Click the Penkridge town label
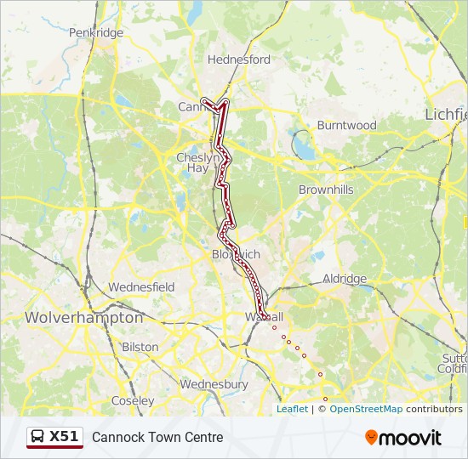pyautogui.click(x=96, y=33)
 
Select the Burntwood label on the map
pyautogui.click(x=346, y=125)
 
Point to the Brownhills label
pyautogui.click(x=326, y=190)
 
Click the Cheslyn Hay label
pyautogui.click(x=197, y=162)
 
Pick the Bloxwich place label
pyautogui.click(x=236, y=255)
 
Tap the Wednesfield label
pyautogui.click(x=141, y=287)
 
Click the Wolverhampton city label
pyautogui.click(x=84, y=317)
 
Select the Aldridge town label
pyautogui.click(x=344, y=279)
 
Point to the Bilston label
pyautogui.click(x=140, y=347)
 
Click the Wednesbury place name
pyautogui.click(x=214, y=384)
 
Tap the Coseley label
pyautogui.click(x=133, y=400)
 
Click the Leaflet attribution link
pyautogui.click(x=292, y=409)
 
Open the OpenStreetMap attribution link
pyautogui.click(x=366, y=409)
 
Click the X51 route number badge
pyautogui.click(x=64, y=437)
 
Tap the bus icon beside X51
pyautogui.click(x=38, y=437)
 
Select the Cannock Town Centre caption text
pyautogui.click(x=157, y=438)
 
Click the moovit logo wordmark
pyautogui.click(x=410, y=438)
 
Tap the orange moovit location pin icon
pyautogui.click(x=371, y=438)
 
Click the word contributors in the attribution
pyautogui.click(x=434, y=409)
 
